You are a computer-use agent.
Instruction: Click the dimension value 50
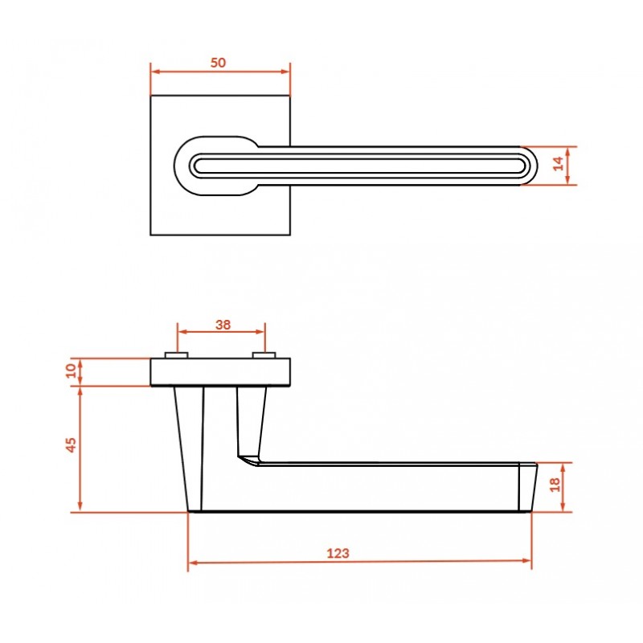point(218,63)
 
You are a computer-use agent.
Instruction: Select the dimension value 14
point(558,164)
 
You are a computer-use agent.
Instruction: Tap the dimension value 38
point(223,325)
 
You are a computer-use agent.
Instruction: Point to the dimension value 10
point(72,371)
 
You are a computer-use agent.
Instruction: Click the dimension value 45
point(72,445)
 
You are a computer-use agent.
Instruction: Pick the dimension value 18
point(555,485)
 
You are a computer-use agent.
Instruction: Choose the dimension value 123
point(338,554)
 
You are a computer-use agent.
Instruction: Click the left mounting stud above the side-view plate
point(177,355)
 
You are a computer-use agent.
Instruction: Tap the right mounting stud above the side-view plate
point(264,355)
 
